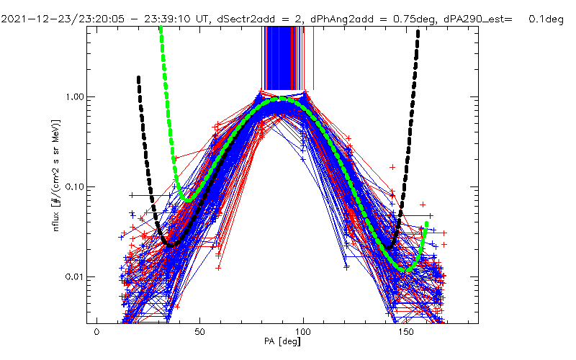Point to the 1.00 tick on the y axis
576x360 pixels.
75,96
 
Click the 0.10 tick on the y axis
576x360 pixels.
75,186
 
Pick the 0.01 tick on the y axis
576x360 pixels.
75,277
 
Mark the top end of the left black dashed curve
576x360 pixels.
138,77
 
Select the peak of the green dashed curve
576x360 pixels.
282,102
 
